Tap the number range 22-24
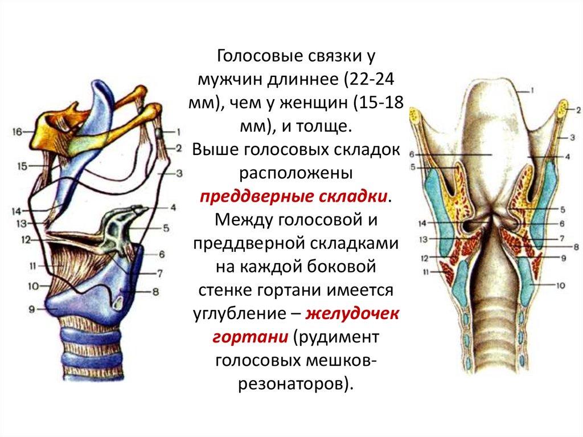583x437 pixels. pyautogui.click(x=368, y=79)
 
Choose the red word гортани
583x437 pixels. pyautogui.click(x=251, y=337)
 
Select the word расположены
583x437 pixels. pyautogui.click(x=295, y=173)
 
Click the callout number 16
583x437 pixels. pyautogui.click(x=17, y=132)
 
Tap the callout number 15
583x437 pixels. pyautogui.click(x=22, y=166)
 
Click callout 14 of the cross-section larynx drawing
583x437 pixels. pyautogui.click(x=422, y=224)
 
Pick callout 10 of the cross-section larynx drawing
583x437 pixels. pyautogui.click(x=560, y=285)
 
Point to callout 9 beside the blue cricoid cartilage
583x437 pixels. pyautogui.click(x=32, y=309)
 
